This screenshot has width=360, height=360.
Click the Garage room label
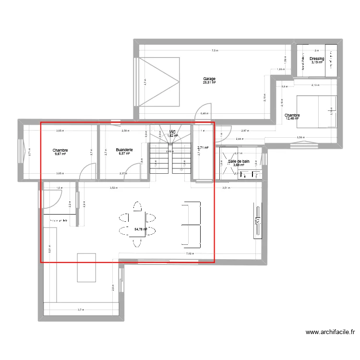click(209, 79)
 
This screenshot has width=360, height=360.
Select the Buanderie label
click(124, 150)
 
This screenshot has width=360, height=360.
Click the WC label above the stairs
click(172, 132)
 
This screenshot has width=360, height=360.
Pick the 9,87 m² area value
click(60, 154)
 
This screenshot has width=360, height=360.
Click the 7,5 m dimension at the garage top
click(215, 50)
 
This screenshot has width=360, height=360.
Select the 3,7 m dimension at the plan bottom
click(80, 310)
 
